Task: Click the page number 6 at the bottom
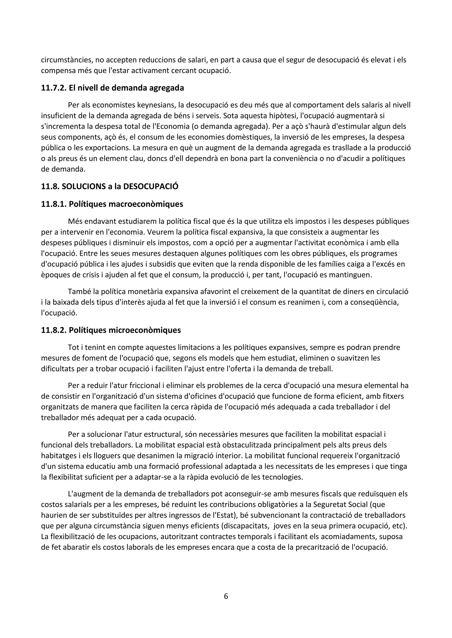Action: point(226,596)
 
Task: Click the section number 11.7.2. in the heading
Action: point(54,88)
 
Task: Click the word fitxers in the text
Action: point(393,396)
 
